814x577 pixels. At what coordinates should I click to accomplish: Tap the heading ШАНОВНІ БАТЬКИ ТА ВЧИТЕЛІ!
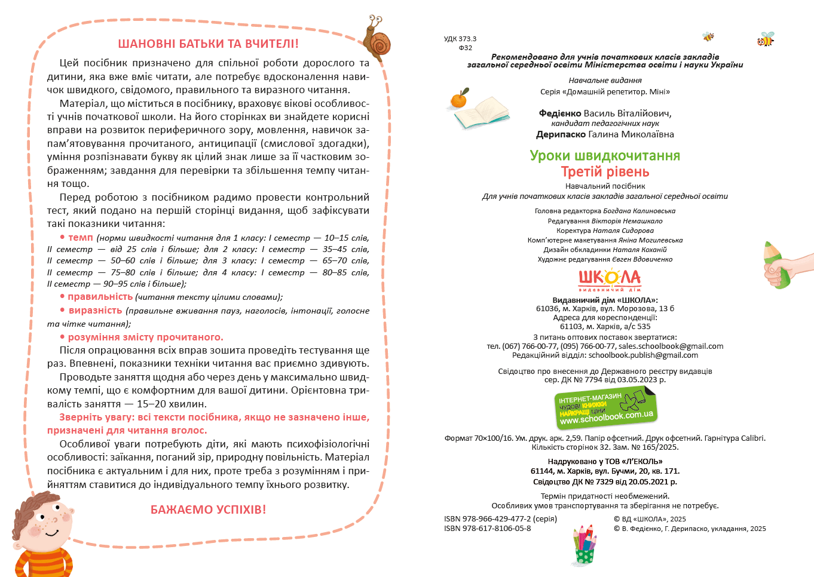click(x=208, y=44)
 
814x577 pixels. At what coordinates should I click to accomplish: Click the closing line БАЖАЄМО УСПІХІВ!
click(x=208, y=510)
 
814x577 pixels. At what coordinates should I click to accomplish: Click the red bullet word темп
click(x=80, y=238)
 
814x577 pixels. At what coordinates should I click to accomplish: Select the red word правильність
click(x=100, y=297)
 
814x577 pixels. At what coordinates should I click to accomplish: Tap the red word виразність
click(x=95, y=311)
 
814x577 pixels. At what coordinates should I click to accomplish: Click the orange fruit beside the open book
click(x=459, y=99)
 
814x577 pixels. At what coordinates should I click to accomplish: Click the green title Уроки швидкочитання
click(x=605, y=156)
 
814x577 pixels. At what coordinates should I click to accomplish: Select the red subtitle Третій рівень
click(x=605, y=172)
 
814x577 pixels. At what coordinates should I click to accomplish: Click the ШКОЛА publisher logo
click(x=609, y=279)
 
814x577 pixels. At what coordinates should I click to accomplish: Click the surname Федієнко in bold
click(x=560, y=113)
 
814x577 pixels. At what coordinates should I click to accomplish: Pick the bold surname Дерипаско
click(x=561, y=134)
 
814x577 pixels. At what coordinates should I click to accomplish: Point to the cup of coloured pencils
click(x=585, y=544)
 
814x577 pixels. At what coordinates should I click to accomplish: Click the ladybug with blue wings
click(x=765, y=40)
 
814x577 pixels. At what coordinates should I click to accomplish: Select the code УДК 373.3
click(x=460, y=39)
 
